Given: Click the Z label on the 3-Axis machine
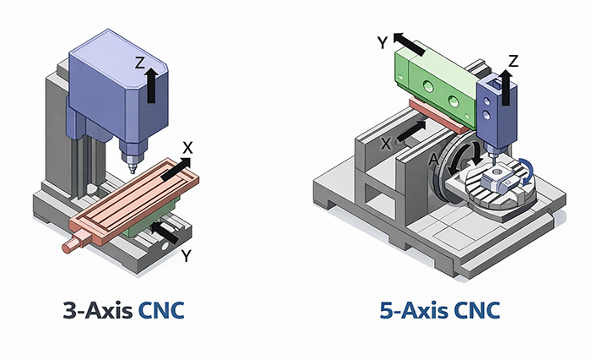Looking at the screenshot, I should [141, 62].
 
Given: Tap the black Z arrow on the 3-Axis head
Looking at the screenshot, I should [151, 85].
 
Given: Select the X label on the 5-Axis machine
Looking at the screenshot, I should [386, 144].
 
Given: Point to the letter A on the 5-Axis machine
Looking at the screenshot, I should [433, 159].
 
